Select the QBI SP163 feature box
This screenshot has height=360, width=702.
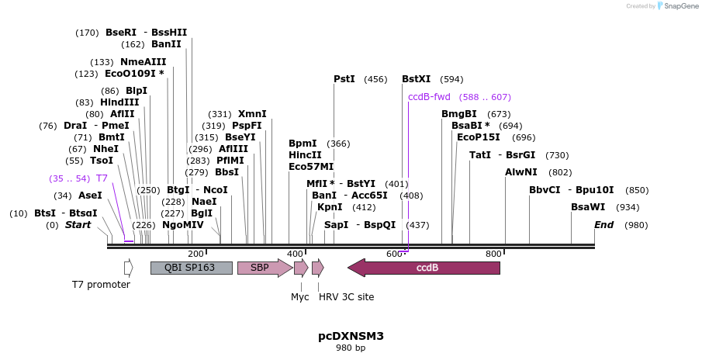[192, 268]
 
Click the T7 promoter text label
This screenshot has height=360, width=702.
[101, 285]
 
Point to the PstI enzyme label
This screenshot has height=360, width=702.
[344, 79]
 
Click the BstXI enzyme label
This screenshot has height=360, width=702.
[416, 79]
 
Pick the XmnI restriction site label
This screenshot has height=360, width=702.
[252, 114]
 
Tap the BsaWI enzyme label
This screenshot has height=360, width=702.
[588, 207]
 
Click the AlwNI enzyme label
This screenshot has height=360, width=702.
[521, 172]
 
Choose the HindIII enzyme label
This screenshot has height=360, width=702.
[119, 102]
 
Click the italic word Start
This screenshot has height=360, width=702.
[78, 225]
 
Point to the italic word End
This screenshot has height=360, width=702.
[604, 225]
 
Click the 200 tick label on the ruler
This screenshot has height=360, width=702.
[195, 254]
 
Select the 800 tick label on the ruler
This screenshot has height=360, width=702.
[493, 254]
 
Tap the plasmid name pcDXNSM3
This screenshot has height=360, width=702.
[351, 336]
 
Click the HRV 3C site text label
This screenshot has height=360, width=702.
[346, 297]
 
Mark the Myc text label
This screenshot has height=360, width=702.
[300, 297]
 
